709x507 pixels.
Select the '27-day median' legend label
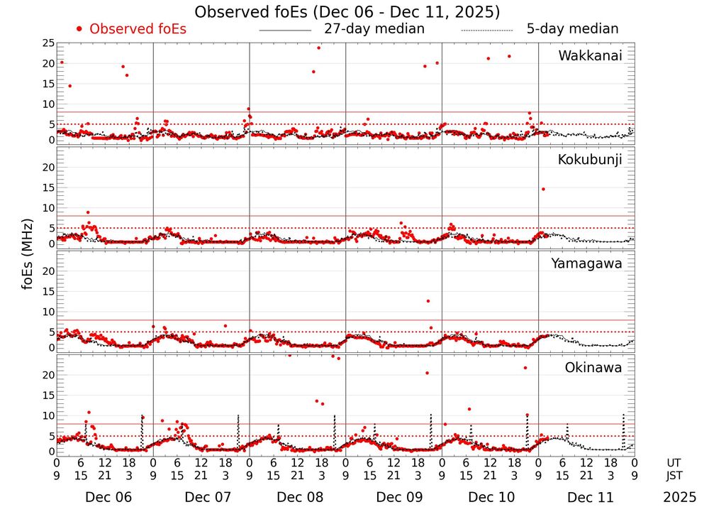(374, 29)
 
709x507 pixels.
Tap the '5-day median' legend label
(572, 29)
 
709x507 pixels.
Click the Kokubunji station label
(590, 160)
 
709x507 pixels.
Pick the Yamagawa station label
(587, 263)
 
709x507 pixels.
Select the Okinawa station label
(593, 368)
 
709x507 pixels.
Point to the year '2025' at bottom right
(680, 497)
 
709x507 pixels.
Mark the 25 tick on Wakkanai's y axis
(48, 43)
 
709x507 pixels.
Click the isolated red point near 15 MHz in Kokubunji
(543, 189)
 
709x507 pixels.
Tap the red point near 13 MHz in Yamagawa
(428, 301)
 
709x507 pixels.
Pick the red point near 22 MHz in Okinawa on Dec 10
(525, 368)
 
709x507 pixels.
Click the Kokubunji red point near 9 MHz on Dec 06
(88, 212)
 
